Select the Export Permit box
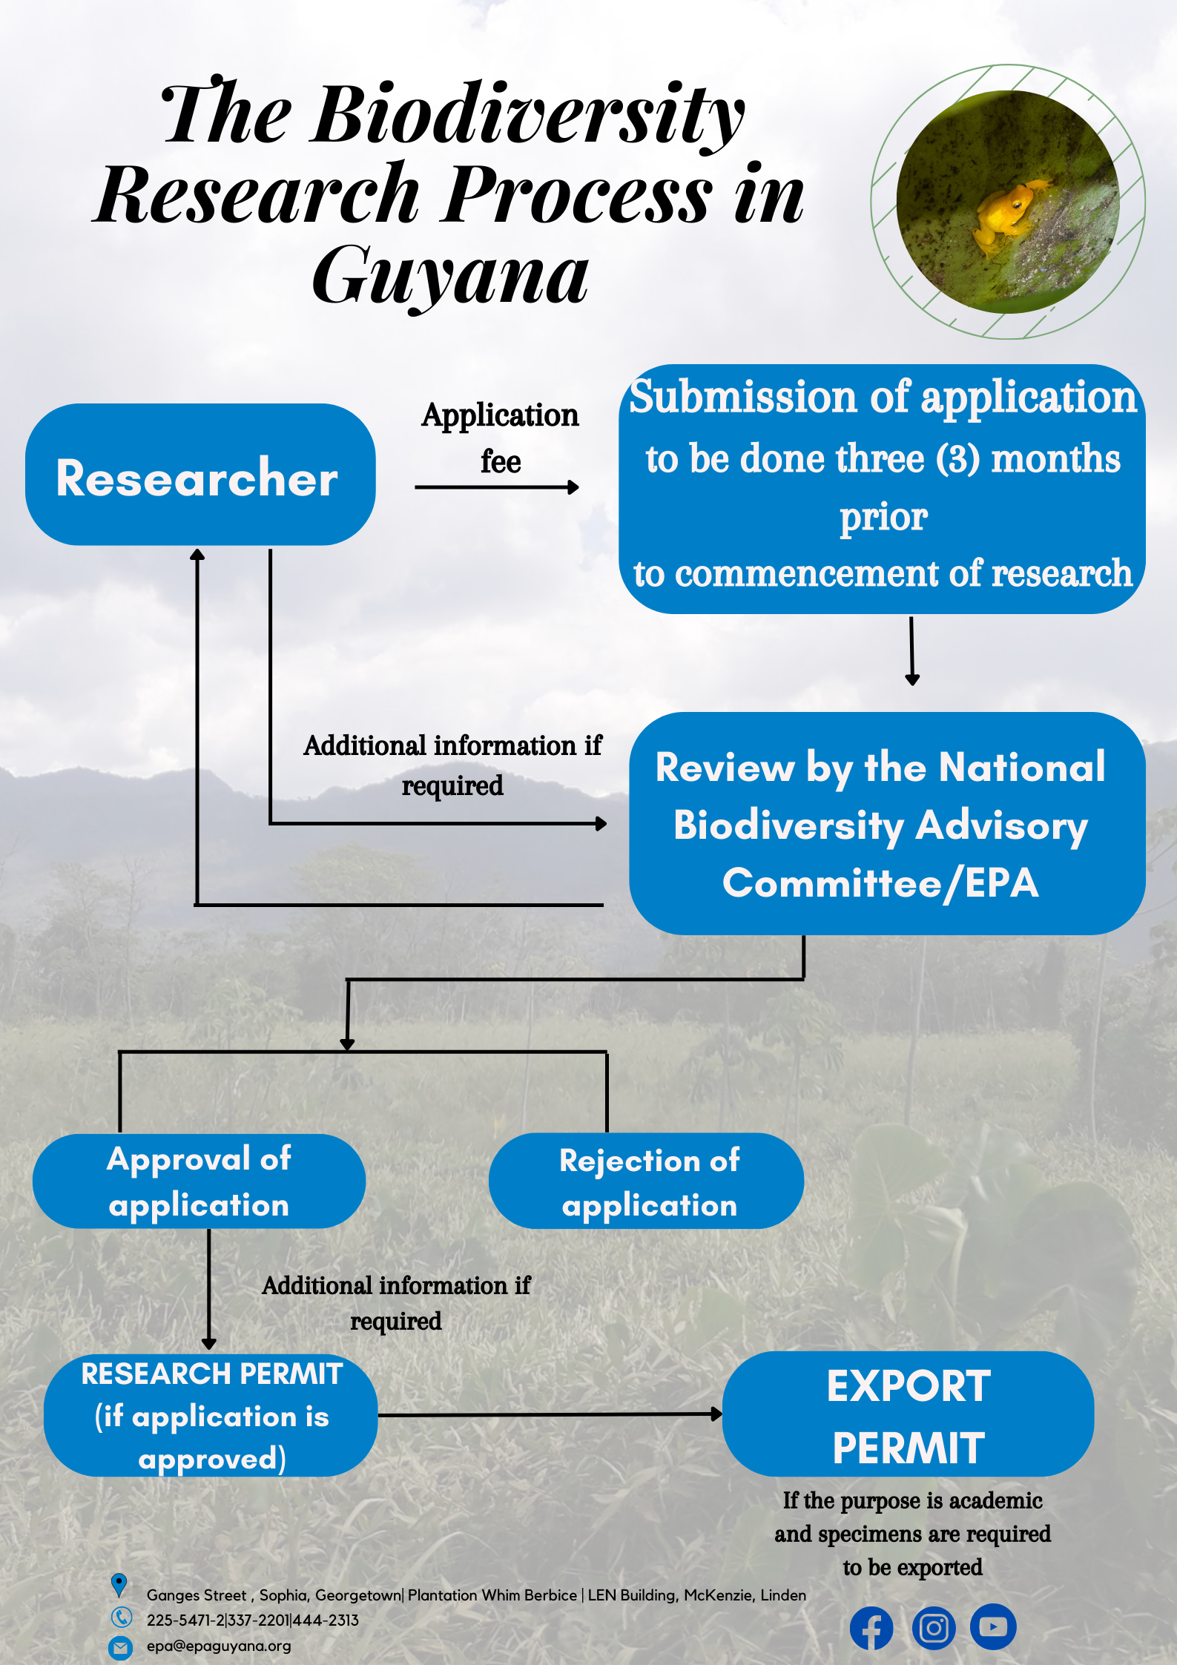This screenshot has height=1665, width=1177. [x=908, y=1414]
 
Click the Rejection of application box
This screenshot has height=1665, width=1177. [x=647, y=1181]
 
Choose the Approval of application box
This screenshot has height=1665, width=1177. [x=199, y=1181]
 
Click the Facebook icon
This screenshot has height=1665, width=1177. [x=871, y=1628]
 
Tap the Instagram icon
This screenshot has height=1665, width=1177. [x=933, y=1628]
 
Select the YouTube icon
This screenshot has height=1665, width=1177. [x=993, y=1626]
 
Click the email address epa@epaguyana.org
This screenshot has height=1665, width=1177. [x=219, y=1646]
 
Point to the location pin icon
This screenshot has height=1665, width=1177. [x=119, y=1585]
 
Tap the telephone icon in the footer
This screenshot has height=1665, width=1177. [x=121, y=1617]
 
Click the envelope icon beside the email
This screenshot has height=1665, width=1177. [x=120, y=1647]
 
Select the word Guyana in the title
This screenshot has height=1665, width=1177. [x=450, y=276]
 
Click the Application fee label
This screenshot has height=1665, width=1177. [x=500, y=438]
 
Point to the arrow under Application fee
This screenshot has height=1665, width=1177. [x=497, y=487]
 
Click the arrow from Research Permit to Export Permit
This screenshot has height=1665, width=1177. [x=550, y=1414]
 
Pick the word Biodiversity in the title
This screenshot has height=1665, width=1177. [x=528, y=115]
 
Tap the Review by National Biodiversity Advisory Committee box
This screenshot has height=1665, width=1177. [x=886, y=823]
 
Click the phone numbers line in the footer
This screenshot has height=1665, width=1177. [x=253, y=1621]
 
